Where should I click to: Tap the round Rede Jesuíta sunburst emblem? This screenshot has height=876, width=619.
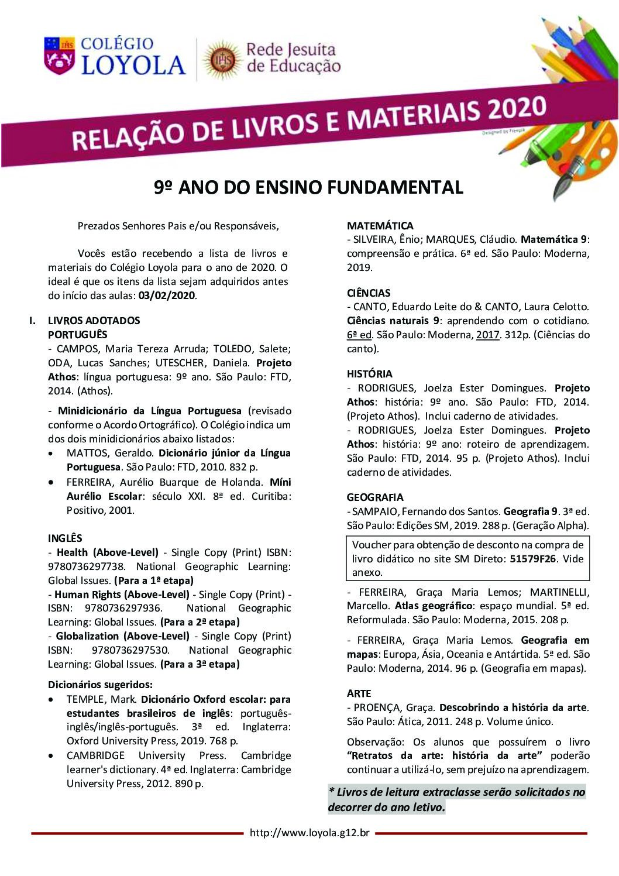pos(221,59)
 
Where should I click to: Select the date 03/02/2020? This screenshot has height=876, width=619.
pos(167,296)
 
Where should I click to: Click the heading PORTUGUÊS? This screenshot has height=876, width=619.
pos(77,334)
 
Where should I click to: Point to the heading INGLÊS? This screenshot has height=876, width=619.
pos(65,538)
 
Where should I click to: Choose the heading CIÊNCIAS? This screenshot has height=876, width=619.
pos(369,293)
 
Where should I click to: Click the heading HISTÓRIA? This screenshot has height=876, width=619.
pos(370,373)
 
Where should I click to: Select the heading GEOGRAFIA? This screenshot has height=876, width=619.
pos(375,497)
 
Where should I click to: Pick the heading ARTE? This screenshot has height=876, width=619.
pos(359,693)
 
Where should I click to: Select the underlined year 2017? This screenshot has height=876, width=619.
pos(487,335)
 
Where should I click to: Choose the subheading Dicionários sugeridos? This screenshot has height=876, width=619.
pos(100,684)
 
